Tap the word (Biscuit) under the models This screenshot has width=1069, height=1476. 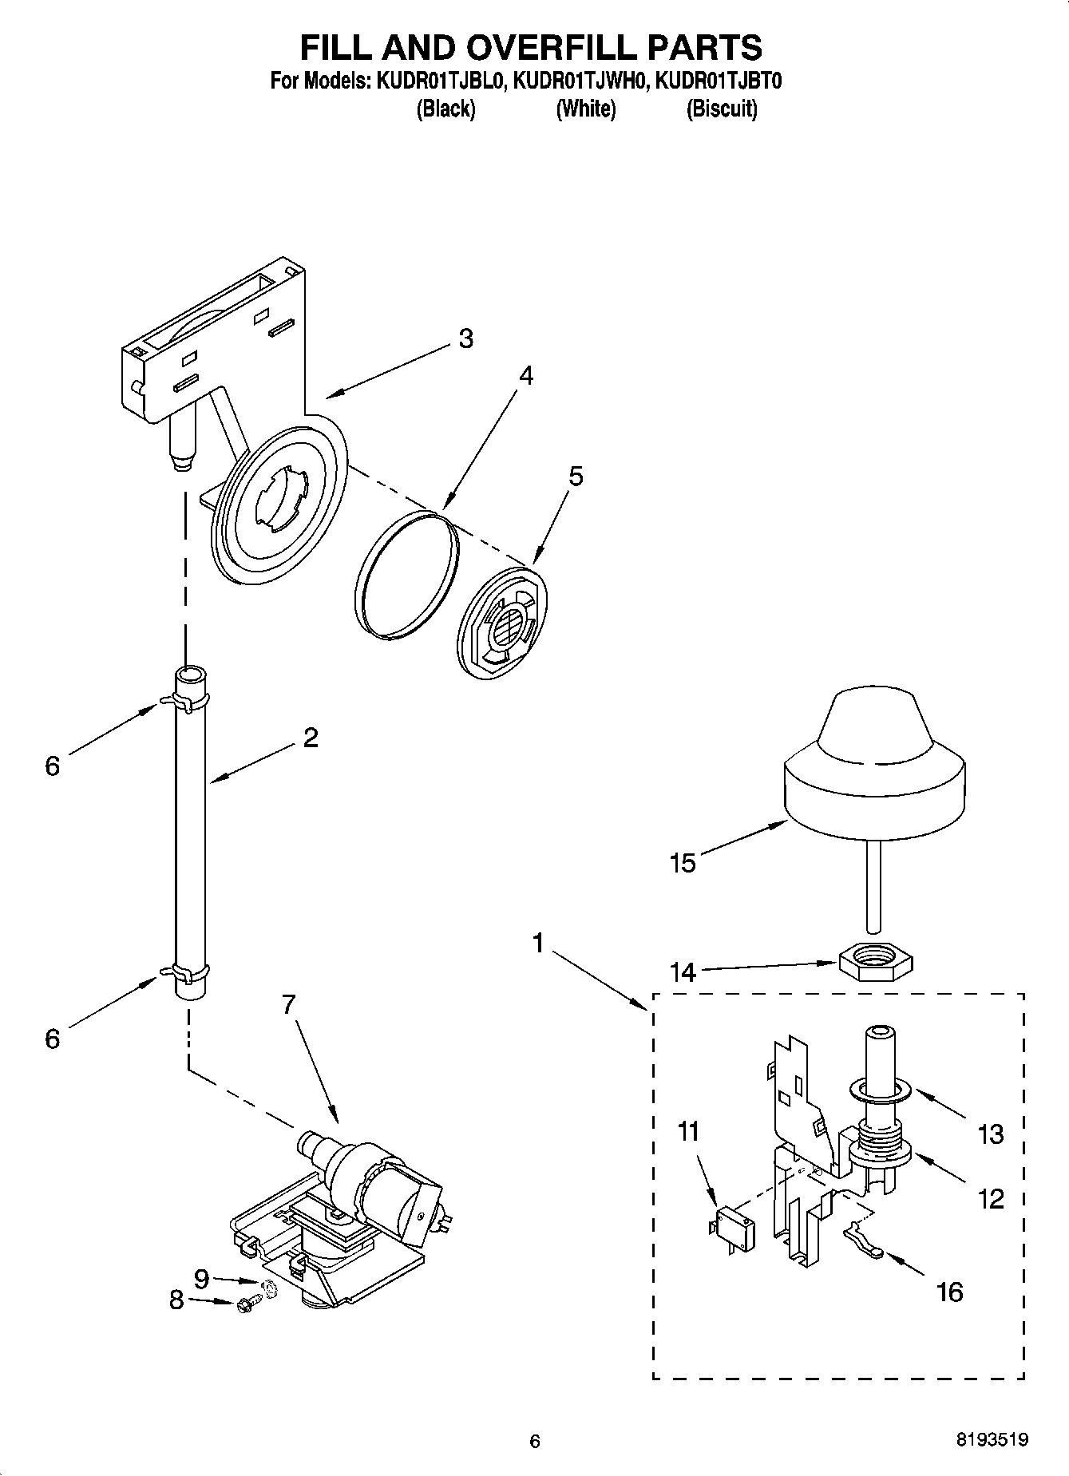click(722, 109)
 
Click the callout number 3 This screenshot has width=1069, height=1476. click(466, 338)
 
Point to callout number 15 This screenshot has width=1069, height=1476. click(683, 863)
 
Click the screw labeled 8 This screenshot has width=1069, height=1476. click(245, 1304)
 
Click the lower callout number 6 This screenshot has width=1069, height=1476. click(53, 1039)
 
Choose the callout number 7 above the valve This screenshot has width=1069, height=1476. click(289, 1004)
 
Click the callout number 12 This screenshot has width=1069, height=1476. click(991, 1198)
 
